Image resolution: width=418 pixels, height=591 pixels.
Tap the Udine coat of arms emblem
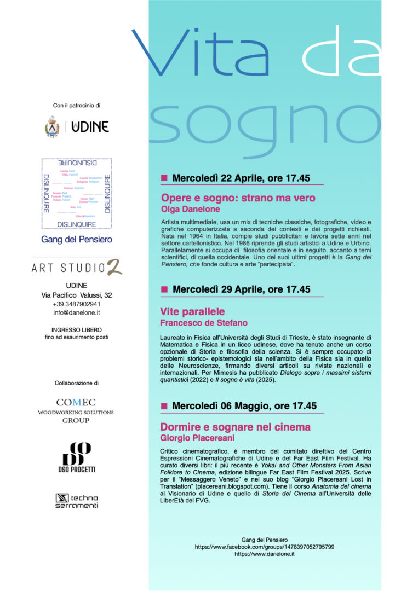coord(52,126)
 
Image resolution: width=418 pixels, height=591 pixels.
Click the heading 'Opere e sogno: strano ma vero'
coord(238,198)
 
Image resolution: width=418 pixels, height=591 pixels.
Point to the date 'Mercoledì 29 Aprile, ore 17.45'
coord(241,289)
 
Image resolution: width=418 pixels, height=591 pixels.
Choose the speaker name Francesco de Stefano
coord(204,323)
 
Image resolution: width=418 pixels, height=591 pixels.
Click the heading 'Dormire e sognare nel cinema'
coord(235,427)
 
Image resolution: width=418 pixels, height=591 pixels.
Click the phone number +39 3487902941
coord(77,304)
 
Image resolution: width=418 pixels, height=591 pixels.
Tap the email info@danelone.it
coord(77,312)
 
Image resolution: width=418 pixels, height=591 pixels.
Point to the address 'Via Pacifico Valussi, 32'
coord(77,295)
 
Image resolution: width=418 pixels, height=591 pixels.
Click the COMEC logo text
coord(76,403)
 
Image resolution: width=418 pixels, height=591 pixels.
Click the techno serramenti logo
coord(76,501)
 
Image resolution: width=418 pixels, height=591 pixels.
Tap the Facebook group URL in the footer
coord(265,547)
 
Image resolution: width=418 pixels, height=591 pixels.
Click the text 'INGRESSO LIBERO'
coord(76,330)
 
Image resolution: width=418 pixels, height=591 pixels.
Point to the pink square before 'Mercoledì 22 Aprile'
coord(164,178)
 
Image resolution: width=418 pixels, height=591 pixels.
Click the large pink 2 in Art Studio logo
coord(114,266)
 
